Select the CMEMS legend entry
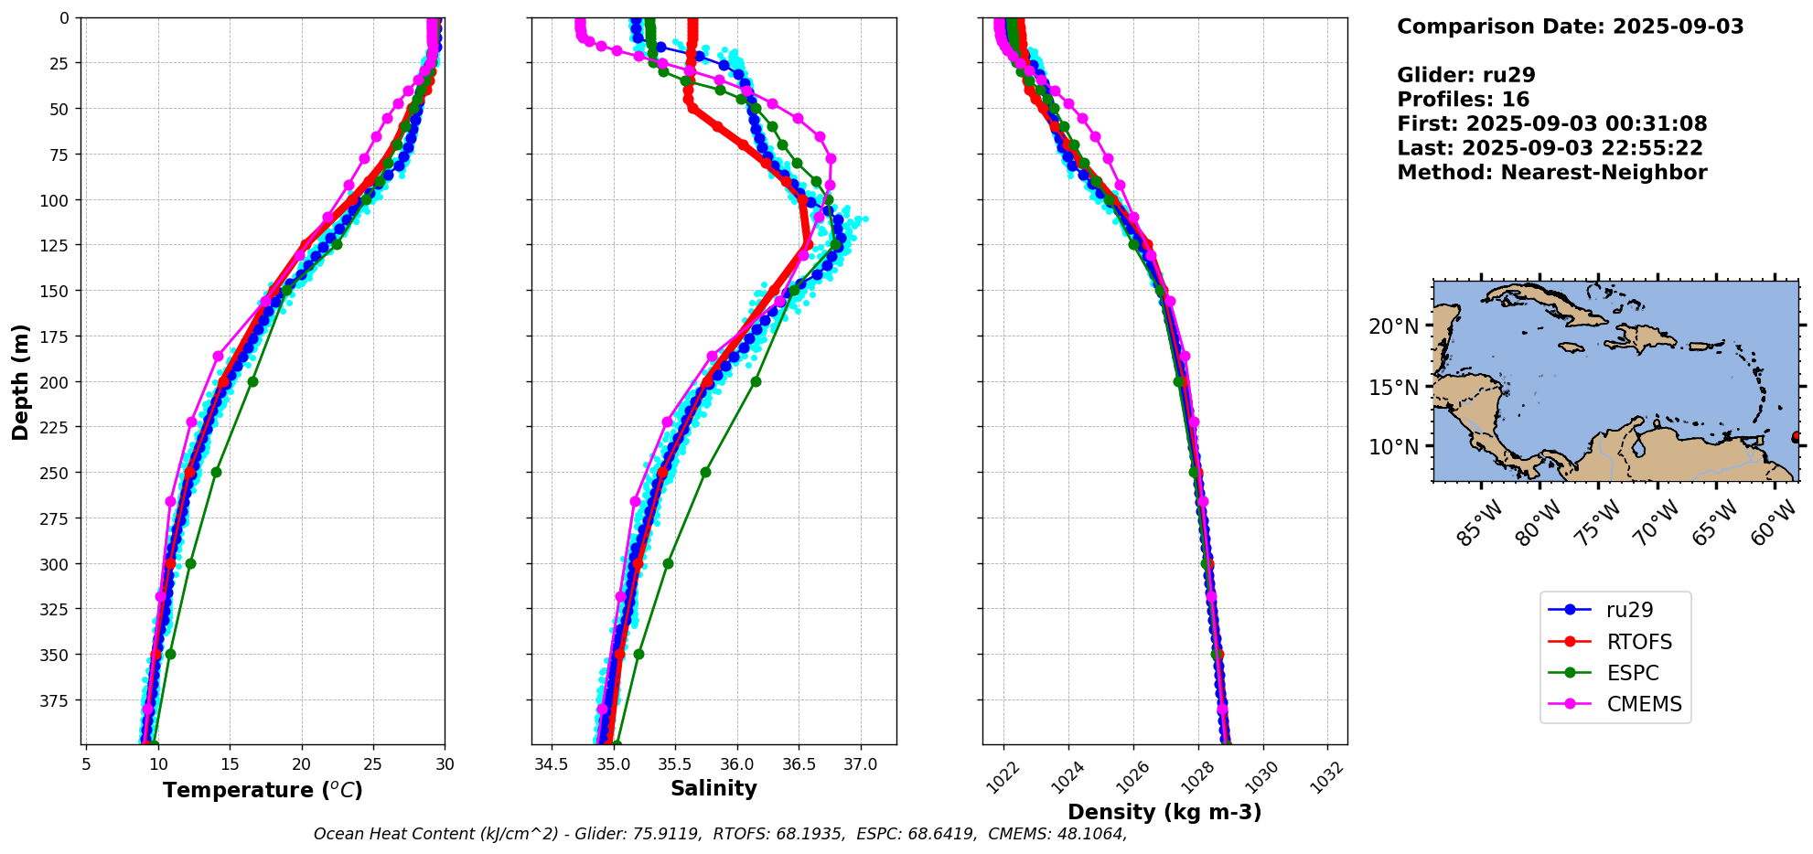pos(1644,704)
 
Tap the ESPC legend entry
pos(1632,673)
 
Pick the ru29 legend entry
pos(1629,610)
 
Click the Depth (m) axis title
pos(20,381)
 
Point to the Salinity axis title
pos(713,789)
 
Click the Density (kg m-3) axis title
pos(1164,812)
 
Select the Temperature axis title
pos(263,790)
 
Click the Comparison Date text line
pos(1570,27)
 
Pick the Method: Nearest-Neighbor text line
pos(1551,173)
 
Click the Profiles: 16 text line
pos(1463,100)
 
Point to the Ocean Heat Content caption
pos(720,834)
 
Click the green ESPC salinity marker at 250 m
pos(705,473)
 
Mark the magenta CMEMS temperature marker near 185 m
pos(218,356)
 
